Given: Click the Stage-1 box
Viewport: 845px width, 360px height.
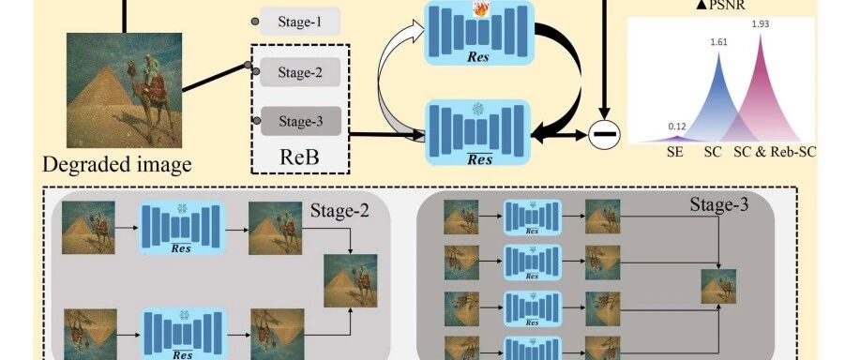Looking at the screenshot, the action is point(300,22).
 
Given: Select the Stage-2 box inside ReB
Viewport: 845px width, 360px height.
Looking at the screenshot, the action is point(300,72).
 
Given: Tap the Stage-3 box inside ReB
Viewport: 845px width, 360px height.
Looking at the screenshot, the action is point(301,121).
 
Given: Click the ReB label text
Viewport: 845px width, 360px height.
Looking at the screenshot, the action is point(299,157).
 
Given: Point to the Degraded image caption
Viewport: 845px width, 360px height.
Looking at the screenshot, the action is point(117,163).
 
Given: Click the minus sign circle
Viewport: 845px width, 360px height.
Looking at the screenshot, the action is point(604,135).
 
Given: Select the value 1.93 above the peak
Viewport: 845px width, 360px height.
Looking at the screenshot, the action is point(760,24).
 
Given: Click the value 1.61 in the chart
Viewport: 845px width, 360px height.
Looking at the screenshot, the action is point(717,41).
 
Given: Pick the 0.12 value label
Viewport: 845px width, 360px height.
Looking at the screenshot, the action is point(677,127).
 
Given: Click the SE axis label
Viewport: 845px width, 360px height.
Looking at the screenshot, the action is point(674,153).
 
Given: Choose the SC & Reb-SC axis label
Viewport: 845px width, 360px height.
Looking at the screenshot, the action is point(775,153).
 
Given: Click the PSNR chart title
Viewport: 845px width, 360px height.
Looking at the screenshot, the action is point(720,6).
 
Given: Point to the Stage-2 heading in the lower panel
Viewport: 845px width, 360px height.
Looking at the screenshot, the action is point(340,211).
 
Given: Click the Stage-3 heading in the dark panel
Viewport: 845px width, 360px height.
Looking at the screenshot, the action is point(719,204).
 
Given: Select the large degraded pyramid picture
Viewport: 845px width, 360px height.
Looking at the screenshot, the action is point(124,90).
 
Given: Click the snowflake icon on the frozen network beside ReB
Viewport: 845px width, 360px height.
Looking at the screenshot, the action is point(477,110).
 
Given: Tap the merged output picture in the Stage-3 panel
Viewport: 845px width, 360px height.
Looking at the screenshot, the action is point(717,286).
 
